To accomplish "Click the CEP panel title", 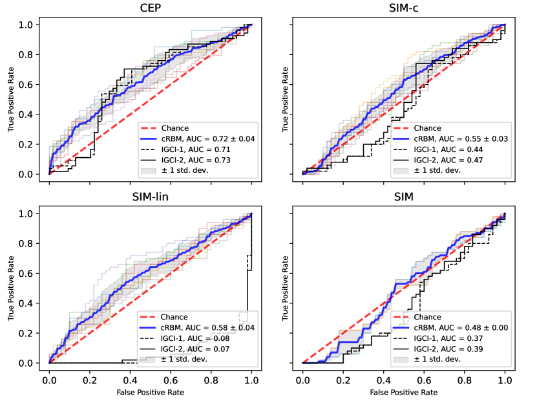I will [150, 9].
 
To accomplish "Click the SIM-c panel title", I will [404, 9].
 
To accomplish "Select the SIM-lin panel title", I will [150, 197].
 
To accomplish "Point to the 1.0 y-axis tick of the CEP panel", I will [34, 25].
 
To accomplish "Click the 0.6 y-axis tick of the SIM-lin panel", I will [34, 273].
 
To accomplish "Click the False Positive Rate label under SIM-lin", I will [150, 393].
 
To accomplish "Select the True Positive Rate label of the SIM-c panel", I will [284, 100].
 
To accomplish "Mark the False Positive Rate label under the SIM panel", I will [404, 393].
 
